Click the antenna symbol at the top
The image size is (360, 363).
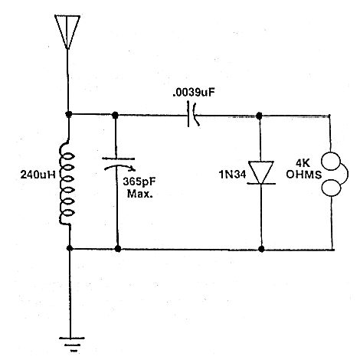tap(67, 31)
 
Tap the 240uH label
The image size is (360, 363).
tap(38, 175)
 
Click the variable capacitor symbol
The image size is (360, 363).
tap(119, 164)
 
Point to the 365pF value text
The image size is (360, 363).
tap(139, 181)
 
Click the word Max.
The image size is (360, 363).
tap(140, 194)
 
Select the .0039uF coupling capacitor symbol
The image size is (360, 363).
tap(193, 115)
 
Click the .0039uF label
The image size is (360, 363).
tap(194, 93)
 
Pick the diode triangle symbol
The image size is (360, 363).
tap(261, 172)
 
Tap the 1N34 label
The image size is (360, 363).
tap(232, 175)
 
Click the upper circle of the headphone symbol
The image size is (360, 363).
tap(331, 161)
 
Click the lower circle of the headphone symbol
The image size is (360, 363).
tap(331, 188)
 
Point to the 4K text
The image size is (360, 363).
tap(303, 163)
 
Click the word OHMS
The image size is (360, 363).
tap(303, 175)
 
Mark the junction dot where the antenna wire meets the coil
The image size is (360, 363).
tap(68, 114)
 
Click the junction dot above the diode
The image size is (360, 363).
tap(259, 116)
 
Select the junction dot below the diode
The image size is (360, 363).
tap(261, 249)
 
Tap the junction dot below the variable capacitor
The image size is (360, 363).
tap(118, 249)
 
